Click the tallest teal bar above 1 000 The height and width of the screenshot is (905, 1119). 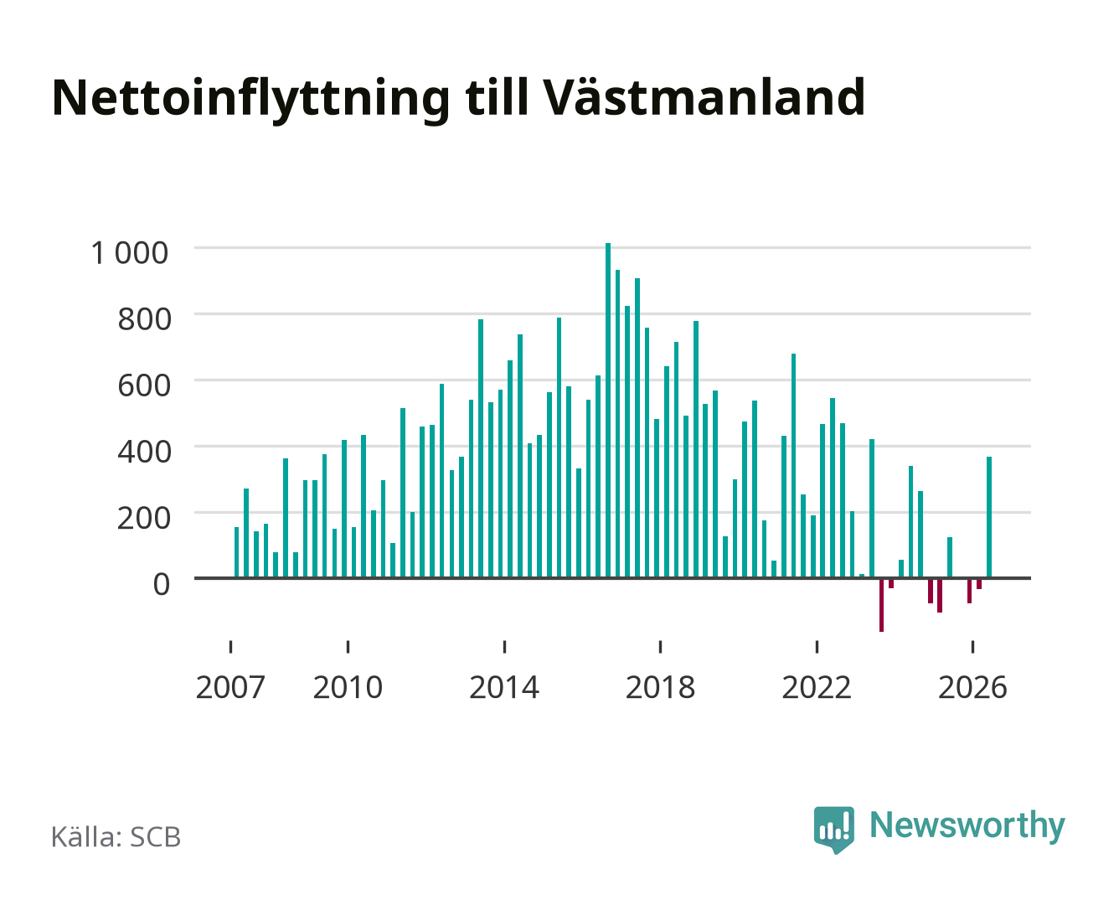[608, 410]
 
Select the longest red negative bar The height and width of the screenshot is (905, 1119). [881, 605]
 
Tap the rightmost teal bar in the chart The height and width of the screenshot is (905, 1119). [988, 517]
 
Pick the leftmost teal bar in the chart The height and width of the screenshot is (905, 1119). [236, 552]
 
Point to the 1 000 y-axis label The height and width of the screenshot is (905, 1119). [130, 253]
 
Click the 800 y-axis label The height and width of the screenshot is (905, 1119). [144, 319]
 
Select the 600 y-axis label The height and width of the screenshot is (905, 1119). [144, 385]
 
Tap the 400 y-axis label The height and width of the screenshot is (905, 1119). [144, 452]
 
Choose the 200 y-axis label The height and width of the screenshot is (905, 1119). [144, 518]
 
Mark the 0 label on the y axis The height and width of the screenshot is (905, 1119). [162, 584]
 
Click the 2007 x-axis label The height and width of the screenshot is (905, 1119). [230, 687]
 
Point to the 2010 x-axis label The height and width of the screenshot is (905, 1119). [348, 687]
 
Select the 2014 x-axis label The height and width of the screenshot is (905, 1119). [504, 687]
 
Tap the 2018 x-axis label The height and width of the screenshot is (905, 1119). [660, 687]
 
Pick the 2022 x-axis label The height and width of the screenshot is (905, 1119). [817, 687]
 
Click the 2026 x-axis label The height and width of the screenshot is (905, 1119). [972, 687]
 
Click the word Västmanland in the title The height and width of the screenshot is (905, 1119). [704, 97]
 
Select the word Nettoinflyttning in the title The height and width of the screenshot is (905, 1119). [251, 100]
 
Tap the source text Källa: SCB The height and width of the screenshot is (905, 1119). [116, 836]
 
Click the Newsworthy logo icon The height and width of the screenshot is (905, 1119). [833, 830]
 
